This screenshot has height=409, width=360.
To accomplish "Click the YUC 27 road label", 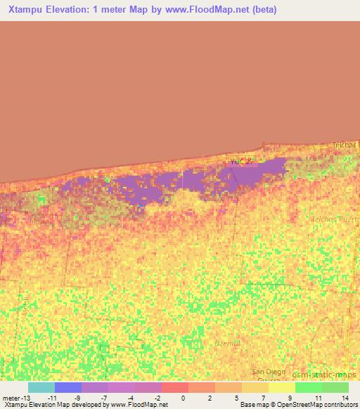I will [240, 162].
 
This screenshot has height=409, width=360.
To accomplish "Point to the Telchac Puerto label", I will [335, 219].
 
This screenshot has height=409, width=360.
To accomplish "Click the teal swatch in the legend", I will [41, 387].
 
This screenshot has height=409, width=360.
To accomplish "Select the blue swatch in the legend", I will [68, 387].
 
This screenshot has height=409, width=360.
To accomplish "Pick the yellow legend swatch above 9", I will [282, 387].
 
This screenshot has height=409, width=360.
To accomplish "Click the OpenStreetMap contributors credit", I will [322, 405].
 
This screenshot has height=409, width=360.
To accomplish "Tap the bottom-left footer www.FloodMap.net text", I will [136, 405].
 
